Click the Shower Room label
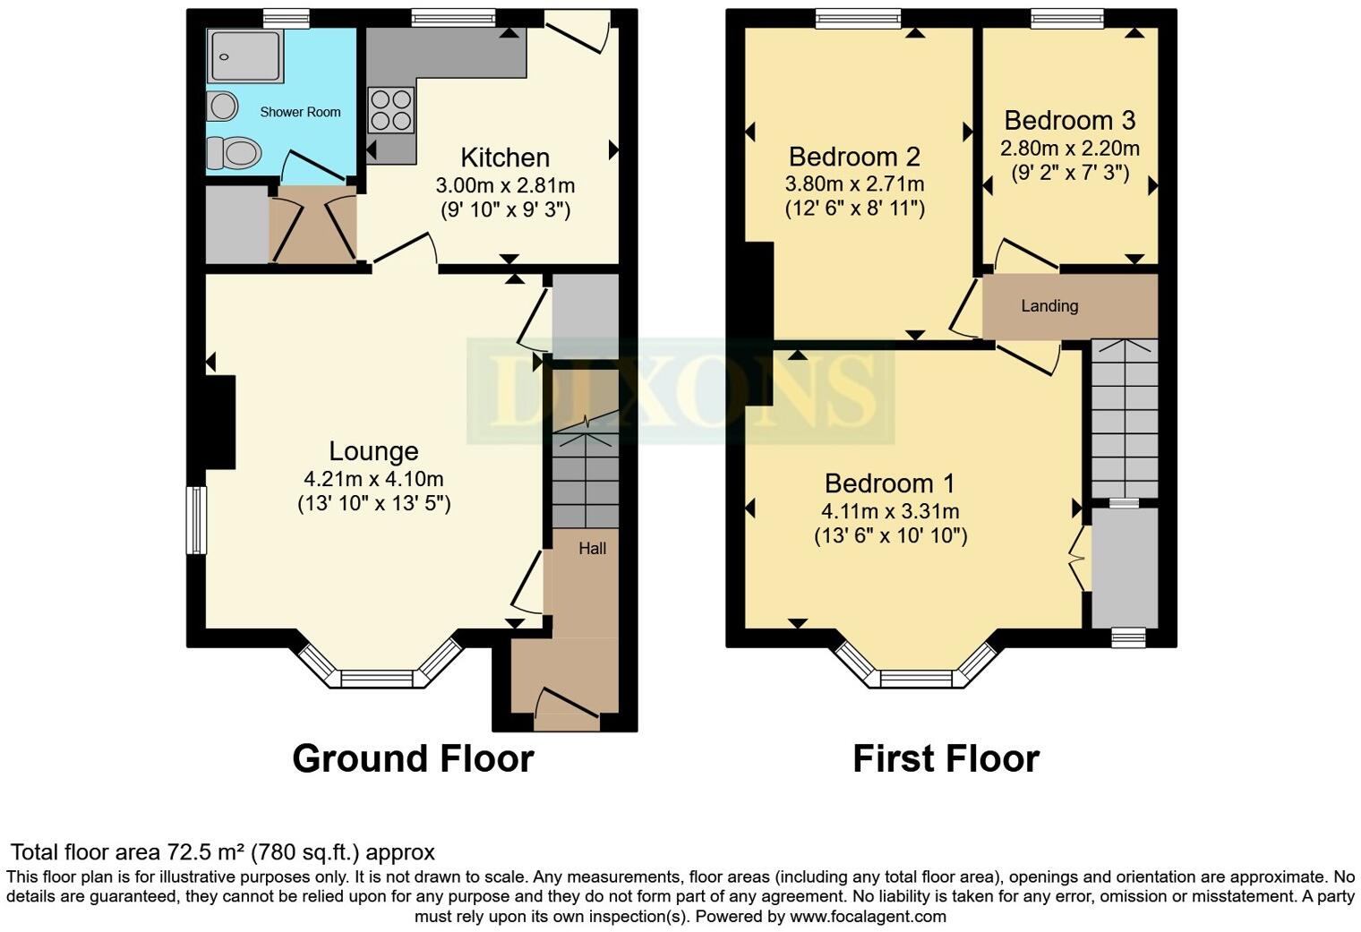(x=300, y=112)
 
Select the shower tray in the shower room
(x=244, y=56)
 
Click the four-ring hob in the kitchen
(x=391, y=108)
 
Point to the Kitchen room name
(x=505, y=158)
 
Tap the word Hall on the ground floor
(x=592, y=548)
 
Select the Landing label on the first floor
(x=1049, y=306)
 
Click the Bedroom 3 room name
(x=1069, y=120)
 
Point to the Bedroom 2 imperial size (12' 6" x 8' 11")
(x=854, y=209)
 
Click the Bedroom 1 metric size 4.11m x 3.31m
(x=890, y=512)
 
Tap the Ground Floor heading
(x=413, y=758)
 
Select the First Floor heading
(x=946, y=758)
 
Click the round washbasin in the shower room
(x=221, y=107)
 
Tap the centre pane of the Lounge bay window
(x=377, y=679)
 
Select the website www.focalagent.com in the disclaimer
(x=866, y=916)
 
